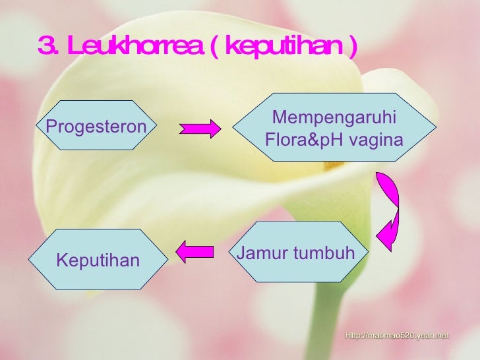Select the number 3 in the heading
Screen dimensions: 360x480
point(46,47)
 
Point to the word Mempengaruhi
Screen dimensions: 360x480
point(334,117)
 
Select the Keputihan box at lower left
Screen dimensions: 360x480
point(98,260)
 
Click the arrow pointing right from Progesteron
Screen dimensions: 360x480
point(201,128)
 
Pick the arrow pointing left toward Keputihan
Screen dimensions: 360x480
point(195,251)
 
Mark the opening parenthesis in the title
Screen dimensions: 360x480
point(216,47)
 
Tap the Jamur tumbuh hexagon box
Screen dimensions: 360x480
point(295,253)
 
